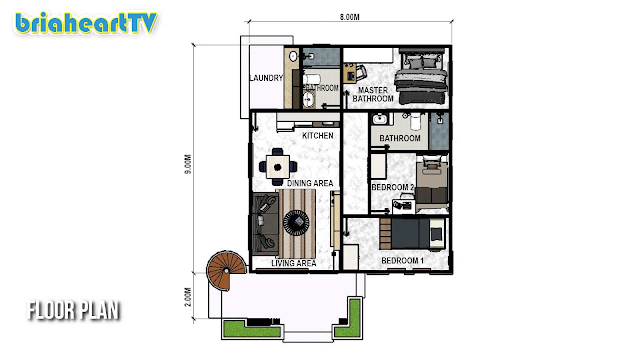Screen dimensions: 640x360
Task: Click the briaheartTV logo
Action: (86, 23)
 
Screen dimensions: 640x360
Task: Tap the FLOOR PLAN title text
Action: (74, 311)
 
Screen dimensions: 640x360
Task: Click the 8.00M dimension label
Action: (349, 17)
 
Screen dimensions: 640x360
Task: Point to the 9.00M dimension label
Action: (187, 164)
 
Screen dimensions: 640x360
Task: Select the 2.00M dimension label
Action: (187, 297)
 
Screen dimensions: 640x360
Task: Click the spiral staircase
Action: (226, 270)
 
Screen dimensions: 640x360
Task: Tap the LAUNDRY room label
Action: (267, 78)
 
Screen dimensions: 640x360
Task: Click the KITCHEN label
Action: (318, 136)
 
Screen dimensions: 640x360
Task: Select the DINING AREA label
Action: (310, 183)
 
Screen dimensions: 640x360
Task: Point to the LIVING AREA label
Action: (293, 263)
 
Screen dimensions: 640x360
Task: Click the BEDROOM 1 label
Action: (402, 260)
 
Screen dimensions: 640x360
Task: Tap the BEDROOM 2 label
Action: (393, 187)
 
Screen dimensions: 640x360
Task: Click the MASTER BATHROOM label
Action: (373, 94)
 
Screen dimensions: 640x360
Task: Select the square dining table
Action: (278, 167)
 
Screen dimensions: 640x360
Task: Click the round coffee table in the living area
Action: (296, 222)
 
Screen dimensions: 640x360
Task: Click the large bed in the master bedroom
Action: (421, 76)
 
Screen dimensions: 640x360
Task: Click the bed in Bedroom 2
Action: (431, 183)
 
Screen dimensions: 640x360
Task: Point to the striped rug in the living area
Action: (297, 223)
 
